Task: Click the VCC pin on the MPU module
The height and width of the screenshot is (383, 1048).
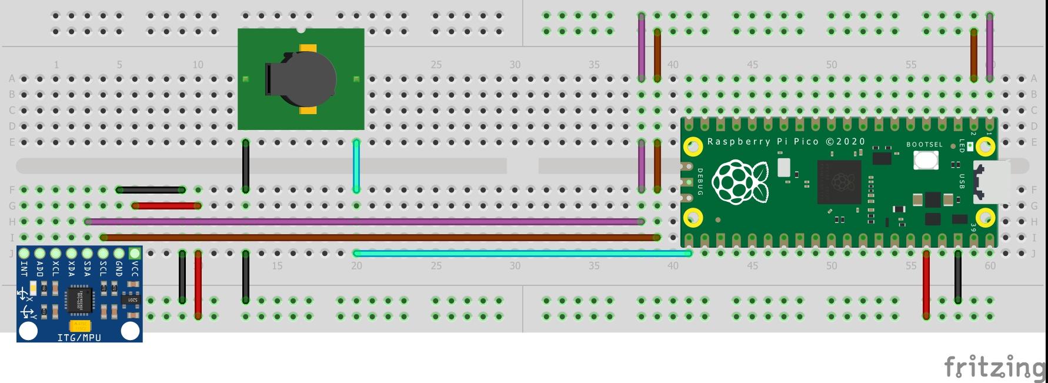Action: (135, 254)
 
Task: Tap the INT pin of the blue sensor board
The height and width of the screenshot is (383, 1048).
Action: (24, 254)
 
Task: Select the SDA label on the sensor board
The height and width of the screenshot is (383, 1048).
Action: (88, 269)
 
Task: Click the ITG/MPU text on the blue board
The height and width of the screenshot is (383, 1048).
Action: (79, 338)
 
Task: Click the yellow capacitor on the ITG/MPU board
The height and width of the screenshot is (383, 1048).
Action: (80, 325)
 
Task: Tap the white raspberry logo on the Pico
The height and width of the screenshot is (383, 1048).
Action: (739, 182)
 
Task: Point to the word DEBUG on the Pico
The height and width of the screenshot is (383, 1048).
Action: (700, 182)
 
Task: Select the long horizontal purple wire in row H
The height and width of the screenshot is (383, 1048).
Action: (365, 222)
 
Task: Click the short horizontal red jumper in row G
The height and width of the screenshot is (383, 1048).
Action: (166, 206)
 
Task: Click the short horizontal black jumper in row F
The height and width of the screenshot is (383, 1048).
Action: (151, 190)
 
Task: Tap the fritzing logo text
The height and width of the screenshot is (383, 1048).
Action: (994, 368)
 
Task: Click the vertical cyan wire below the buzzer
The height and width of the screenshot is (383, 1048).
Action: (356, 166)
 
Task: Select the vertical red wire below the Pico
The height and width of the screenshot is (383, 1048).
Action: (926, 285)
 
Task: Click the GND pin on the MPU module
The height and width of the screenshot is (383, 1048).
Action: (119, 254)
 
